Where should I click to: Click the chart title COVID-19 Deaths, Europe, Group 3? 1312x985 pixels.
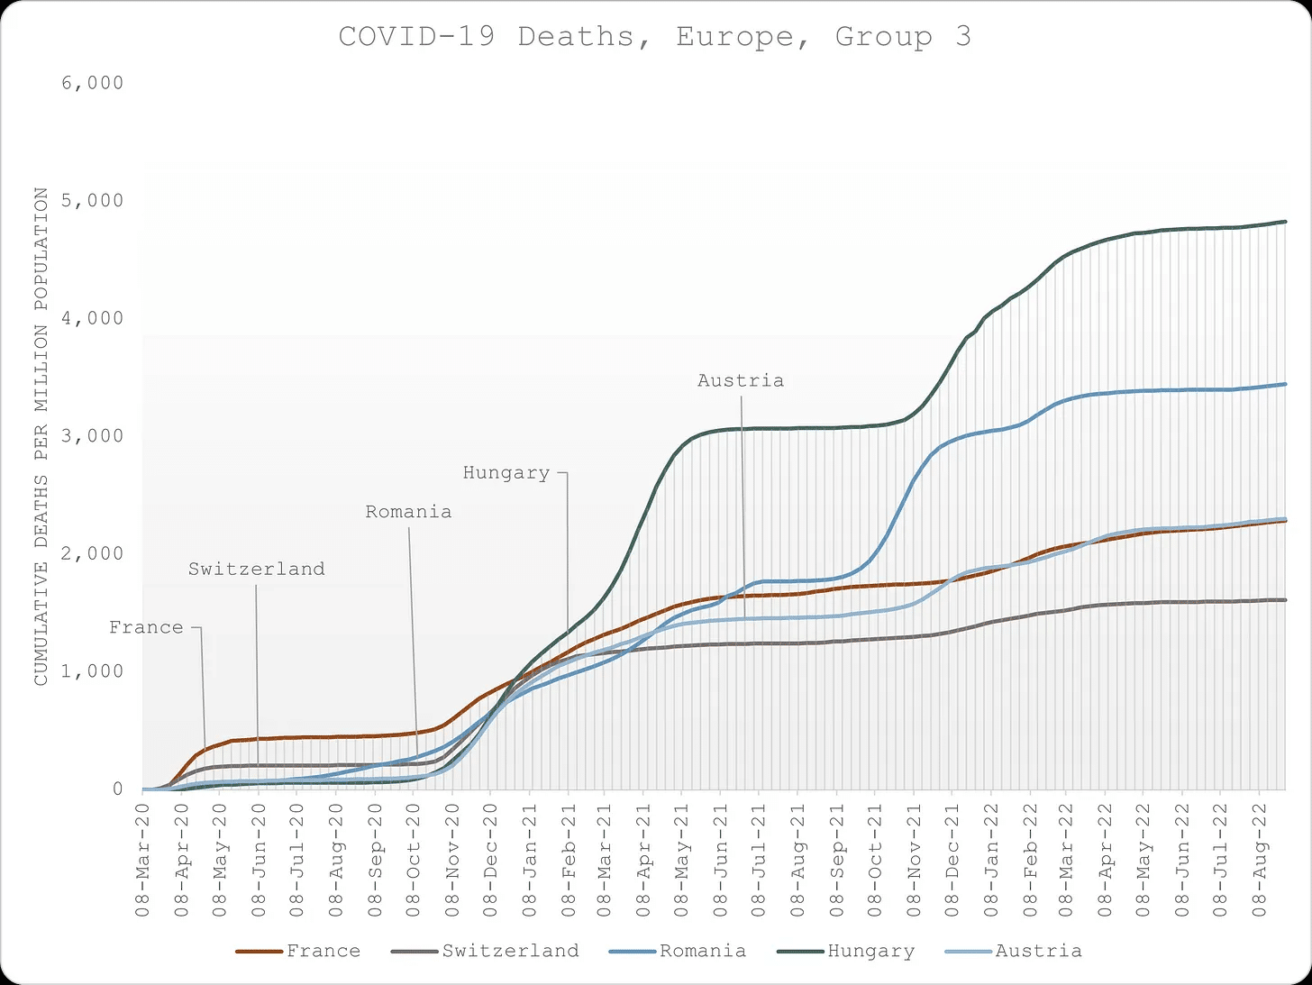coord(654,37)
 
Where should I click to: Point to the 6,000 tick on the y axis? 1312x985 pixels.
coord(93,83)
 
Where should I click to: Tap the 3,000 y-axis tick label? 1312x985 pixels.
coord(93,436)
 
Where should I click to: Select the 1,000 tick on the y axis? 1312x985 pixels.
coord(93,671)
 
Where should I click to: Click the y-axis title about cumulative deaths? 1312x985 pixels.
coord(41,436)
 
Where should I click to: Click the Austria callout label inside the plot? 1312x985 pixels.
coord(741,381)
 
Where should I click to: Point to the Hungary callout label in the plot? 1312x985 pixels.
coord(506,473)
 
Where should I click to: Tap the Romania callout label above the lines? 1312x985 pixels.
coord(408,512)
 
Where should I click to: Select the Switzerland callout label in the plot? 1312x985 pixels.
coord(257,570)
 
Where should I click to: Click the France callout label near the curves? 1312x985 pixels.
coord(146,628)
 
